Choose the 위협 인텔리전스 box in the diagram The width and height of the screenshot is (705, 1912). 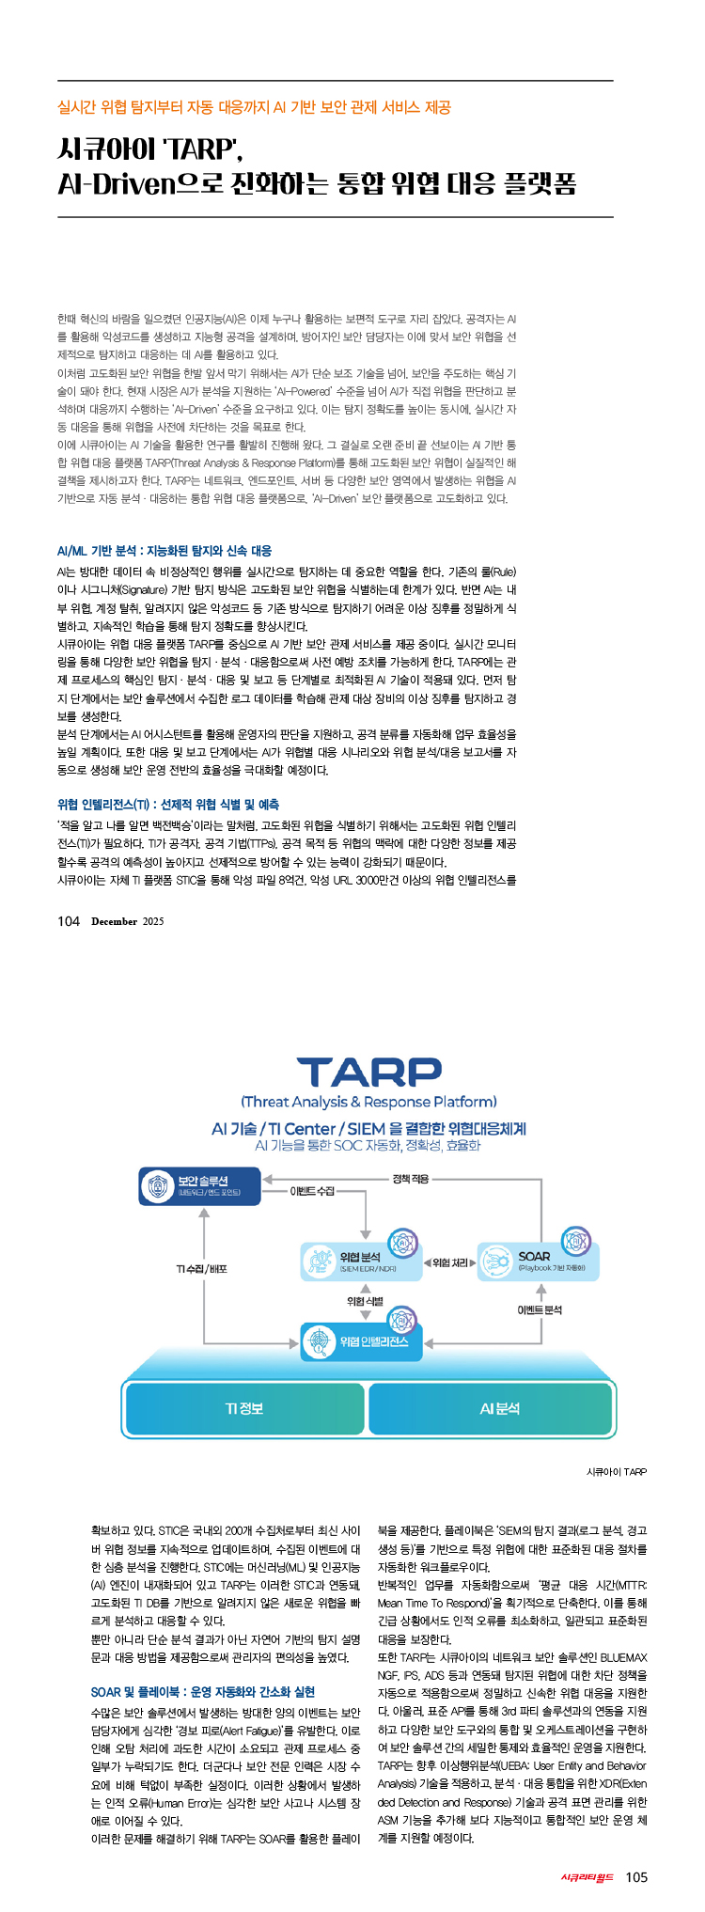pyautogui.click(x=361, y=1341)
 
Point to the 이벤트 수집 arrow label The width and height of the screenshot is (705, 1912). pyautogui.click(x=312, y=1191)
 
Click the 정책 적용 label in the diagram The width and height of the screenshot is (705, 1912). pyautogui.click(x=410, y=1178)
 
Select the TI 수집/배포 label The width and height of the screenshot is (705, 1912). pyautogui.click(x=202, y=1269)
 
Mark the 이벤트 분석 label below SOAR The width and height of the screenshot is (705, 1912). pyautogui.click(x=540, y=1309)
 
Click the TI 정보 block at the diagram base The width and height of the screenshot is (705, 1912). pyautogui.click(x=244, y=1408)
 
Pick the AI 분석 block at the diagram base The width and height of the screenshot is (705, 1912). pyautogui.click(x=499, y=1408)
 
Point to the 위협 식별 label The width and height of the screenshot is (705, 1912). pyautogui.click(x=365, y=1301)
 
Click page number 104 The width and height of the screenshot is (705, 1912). pyautogui.click(x=69, y=921)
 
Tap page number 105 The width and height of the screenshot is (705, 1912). pyautogui.click(x=636, y=1877)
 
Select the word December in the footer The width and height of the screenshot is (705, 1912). pyautogui.click(x=115, y=922)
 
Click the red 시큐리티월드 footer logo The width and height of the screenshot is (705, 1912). pyautogui.click(x=587, y=1877)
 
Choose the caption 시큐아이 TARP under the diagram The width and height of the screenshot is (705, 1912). pyautogui.click(x=616, y=1471)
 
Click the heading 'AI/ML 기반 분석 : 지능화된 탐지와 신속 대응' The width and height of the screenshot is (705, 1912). pyautogui.click(x=164, y=551)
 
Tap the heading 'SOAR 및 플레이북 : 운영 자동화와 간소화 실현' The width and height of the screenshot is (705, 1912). pyautogui.click(x=203, y=1665)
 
